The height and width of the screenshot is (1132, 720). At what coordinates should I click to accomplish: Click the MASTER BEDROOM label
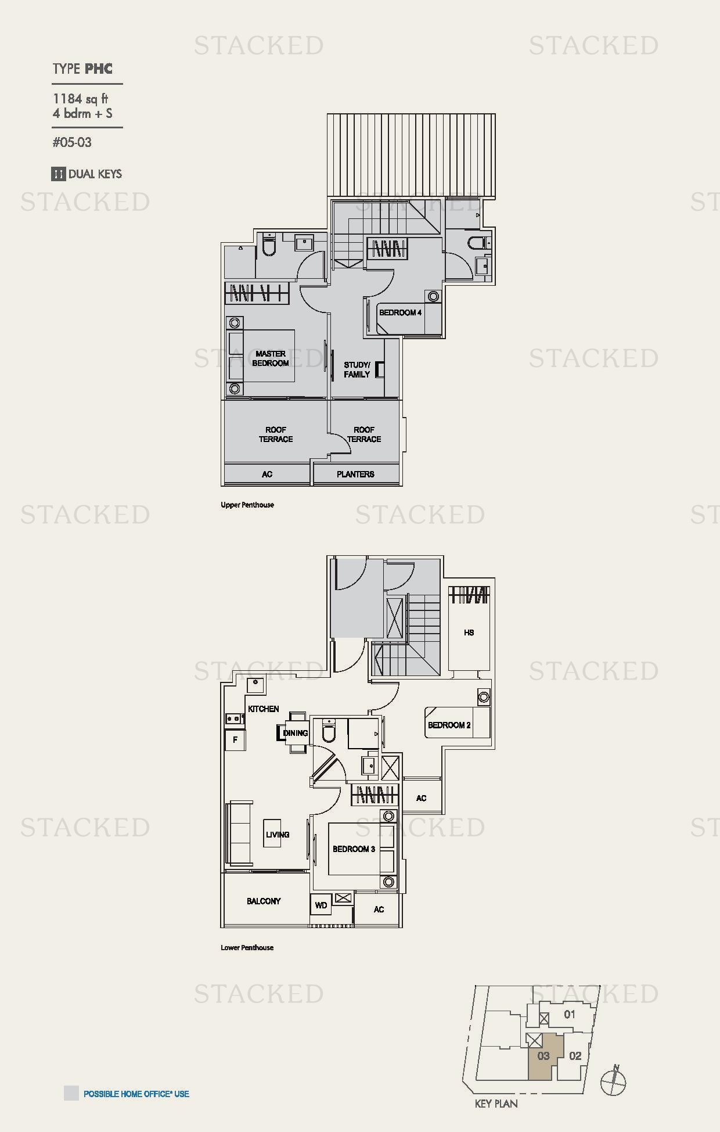[x=271, y=358]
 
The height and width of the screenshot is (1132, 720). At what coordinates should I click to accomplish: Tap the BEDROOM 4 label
[x=400, y=312]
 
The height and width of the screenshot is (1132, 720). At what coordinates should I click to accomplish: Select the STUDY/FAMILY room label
[x=357, y=370]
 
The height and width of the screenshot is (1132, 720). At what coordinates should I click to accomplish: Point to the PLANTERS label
[x=355, y=474]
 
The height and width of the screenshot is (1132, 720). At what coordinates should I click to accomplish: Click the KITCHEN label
[x=264, y=709]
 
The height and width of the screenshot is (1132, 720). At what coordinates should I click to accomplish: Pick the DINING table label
[x=296, y=733]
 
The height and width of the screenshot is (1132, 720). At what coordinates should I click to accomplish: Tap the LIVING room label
[x=278, y=835]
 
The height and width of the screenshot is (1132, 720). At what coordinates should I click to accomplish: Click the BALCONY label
[x=264, y=901]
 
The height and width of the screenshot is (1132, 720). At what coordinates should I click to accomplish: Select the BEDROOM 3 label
[x=354, y=849]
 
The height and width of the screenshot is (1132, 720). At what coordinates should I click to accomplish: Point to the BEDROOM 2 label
[x=449, y=725]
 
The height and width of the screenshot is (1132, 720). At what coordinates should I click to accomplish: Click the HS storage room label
[x=469, y=633]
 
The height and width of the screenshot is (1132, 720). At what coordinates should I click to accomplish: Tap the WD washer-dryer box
[x=321, y=905]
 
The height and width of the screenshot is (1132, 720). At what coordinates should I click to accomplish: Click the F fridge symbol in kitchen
[x=235, y=740]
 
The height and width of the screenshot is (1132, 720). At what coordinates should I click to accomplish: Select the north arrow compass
[x=614, y=1081]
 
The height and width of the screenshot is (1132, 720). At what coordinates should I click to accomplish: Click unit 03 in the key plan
[x=543, y=1056]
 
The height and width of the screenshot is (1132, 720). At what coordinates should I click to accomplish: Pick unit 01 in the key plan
[x=570, y=1014]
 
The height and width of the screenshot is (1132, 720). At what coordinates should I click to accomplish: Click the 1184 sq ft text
[x=80, y=99]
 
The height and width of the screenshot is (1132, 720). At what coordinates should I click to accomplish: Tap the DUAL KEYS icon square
[x=58, y=174]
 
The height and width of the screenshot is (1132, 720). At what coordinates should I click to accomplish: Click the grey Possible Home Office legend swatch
[x=71, y=1093]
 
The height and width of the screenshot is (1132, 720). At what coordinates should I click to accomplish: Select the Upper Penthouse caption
[x=247, y=505]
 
